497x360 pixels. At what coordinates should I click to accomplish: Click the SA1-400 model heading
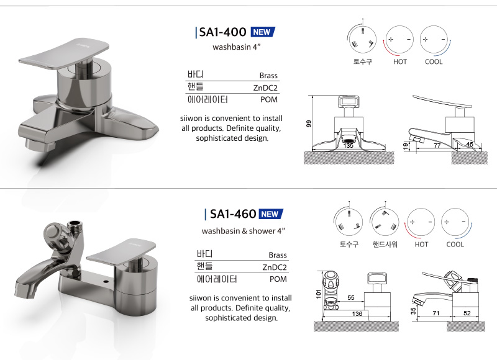(x=222, y=32)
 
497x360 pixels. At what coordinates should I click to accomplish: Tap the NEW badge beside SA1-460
(x=271, y=214)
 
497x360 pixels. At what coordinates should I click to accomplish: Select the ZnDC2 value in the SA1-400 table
(x=265, y=88)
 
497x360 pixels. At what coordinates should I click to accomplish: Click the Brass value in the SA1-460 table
(x=278, y=255)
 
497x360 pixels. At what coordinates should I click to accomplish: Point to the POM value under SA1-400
(x=269, y=99)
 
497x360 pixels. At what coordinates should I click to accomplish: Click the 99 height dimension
(x=309, y=124)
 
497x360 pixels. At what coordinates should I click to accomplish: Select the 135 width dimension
(x=348, y=146)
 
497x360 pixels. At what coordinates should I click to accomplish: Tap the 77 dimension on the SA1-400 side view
(x=437, y=145)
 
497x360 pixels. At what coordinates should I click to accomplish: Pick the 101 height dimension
(x=319, y=294)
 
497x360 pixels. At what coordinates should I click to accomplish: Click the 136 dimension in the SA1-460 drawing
(x=357, y=313)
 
